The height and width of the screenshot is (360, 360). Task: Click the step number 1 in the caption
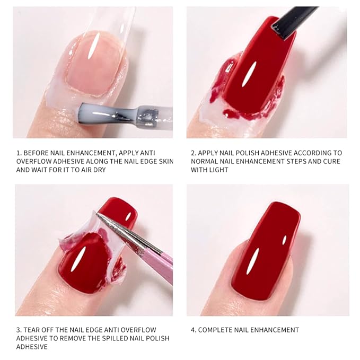[x=19, y=153]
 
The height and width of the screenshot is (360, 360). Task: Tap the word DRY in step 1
[x=100, y=170]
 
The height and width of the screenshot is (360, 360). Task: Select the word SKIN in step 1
[x=166, y=161]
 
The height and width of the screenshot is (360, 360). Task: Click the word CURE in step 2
[x=331, y=161]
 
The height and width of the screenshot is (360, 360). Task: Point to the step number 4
[x=194, y=330]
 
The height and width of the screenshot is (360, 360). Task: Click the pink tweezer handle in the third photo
[x=159, y=264]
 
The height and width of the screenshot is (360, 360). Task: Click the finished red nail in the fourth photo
[x=265, y=250]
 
